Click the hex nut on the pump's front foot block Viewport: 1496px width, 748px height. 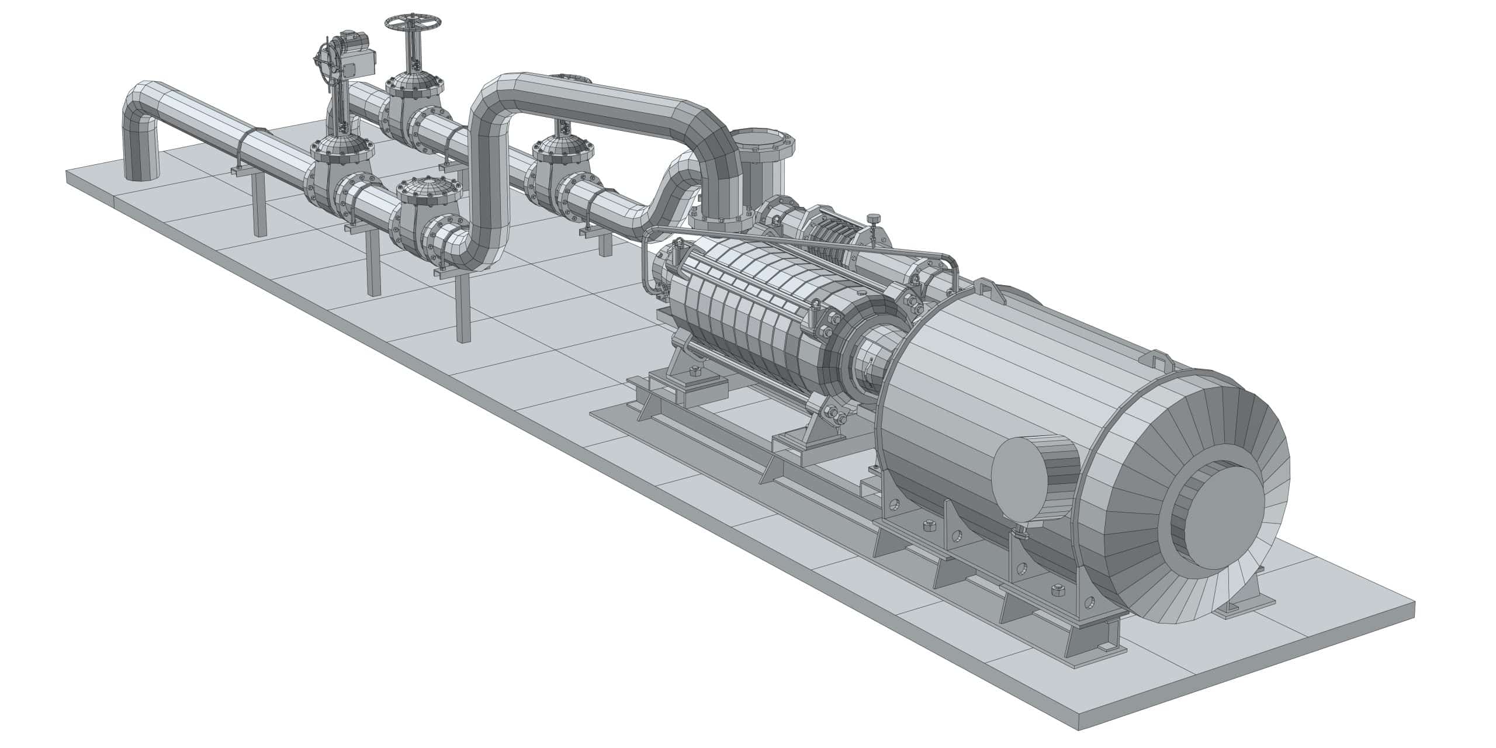(x=695, y=371)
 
